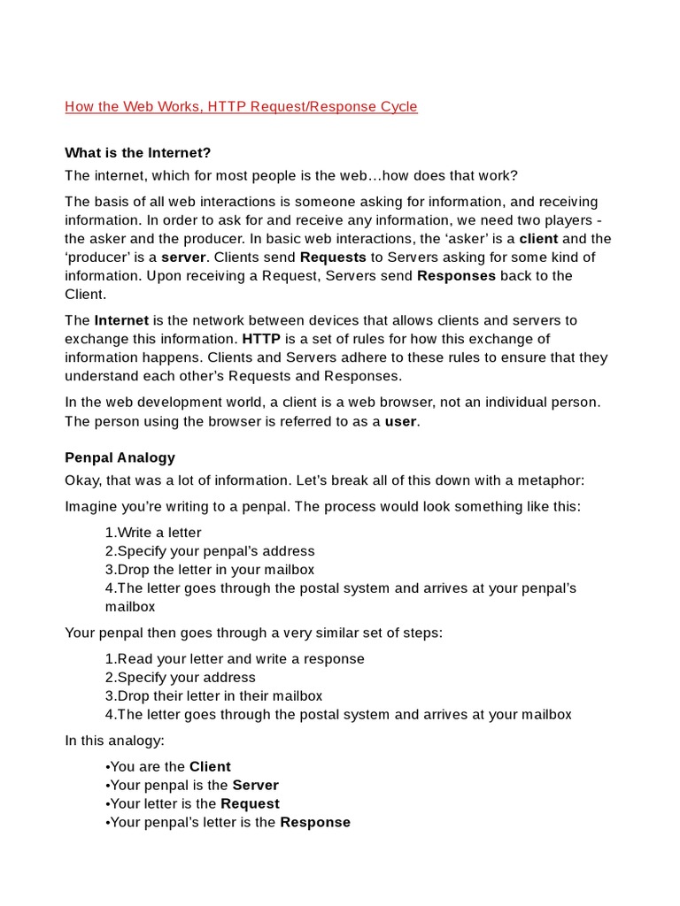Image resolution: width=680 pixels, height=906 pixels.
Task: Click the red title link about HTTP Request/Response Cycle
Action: click(241, 107)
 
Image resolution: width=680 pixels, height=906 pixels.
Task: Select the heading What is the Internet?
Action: click(138, 153)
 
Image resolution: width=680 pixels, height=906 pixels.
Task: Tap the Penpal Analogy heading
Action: click(120, 457)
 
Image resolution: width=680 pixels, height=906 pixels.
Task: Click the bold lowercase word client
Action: click(538, 239)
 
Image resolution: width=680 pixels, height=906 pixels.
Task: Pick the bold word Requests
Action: click(333, 257)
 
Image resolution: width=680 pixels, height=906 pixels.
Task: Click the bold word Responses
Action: click(458, 276)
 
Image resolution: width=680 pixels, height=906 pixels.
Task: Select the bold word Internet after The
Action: click(121, 320)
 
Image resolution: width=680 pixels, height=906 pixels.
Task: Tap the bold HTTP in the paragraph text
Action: click(261, 339)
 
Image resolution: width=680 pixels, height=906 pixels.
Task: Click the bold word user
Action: click(400, 421)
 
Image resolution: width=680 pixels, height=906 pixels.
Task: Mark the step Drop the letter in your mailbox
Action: click(210, 570)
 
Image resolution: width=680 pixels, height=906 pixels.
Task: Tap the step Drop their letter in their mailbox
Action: click(213, 696)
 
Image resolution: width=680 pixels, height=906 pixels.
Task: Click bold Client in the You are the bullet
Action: click(210, 767)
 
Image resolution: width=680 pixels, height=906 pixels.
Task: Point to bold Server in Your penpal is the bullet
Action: click(255, 786)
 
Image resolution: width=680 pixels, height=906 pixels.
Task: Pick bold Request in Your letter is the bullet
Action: click(250, 804)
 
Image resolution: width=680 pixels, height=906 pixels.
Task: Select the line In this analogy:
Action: click(114, 741)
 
